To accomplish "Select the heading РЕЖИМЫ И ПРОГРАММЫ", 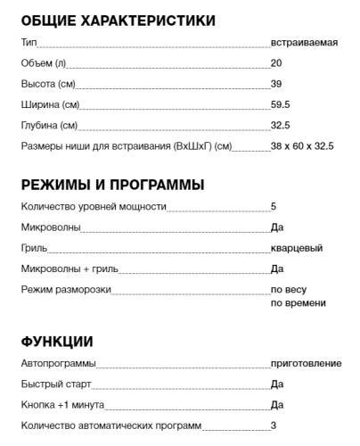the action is coord(113,185).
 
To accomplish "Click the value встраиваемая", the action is coord(304,43).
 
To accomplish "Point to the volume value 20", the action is coord(276,63).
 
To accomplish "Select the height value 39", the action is coord(276,84).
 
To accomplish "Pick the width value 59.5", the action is coord(281,104).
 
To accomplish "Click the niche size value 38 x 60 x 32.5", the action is coord(303,145).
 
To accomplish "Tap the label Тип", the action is coord(29,43).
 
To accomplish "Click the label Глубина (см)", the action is coord(49,125).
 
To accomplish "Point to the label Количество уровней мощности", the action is coord(94,207).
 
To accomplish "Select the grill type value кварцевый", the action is coord(297,248).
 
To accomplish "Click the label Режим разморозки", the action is coord(66,289).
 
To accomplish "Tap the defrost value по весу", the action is coord(289,290).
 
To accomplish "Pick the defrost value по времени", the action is coord(298,303).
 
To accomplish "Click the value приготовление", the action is coord(306,364).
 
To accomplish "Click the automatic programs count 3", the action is coord(274,425).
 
